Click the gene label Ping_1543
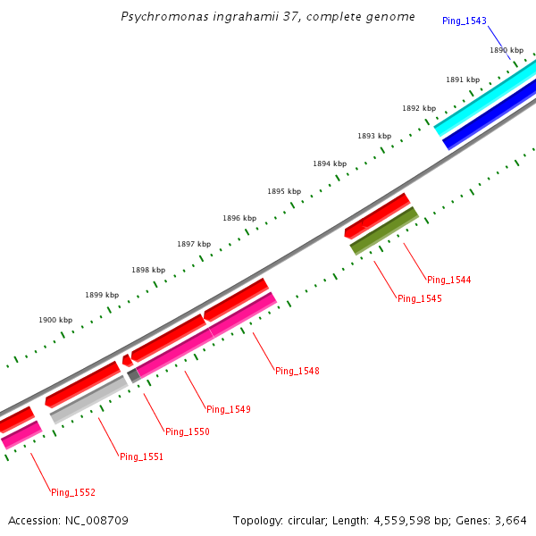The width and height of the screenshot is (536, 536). (x=464, y=21)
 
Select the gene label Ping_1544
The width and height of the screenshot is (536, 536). (x=448, y=280)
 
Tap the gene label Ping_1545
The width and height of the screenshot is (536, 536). (x=419, y=298)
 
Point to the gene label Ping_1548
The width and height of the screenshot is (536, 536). (x=297, y=371)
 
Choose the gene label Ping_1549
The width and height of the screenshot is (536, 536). (x=228, y=409)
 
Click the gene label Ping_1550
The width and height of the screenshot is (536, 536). (x=187, y=431)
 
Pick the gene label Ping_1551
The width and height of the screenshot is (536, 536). (x=141, y=456)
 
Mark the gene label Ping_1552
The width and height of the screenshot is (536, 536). (x=72, y=492)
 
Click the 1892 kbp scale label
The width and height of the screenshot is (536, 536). (x=418, y=108)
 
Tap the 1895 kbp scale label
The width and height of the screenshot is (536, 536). (x=283, y=191)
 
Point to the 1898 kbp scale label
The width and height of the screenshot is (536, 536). (x=147, y=269)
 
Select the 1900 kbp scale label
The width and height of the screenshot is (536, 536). (x=54, y=319)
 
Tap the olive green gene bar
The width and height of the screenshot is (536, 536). (x=384, y=231)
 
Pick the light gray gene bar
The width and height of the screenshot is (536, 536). (x=88, y=399)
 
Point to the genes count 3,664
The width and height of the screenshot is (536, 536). (x=512, y=520)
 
